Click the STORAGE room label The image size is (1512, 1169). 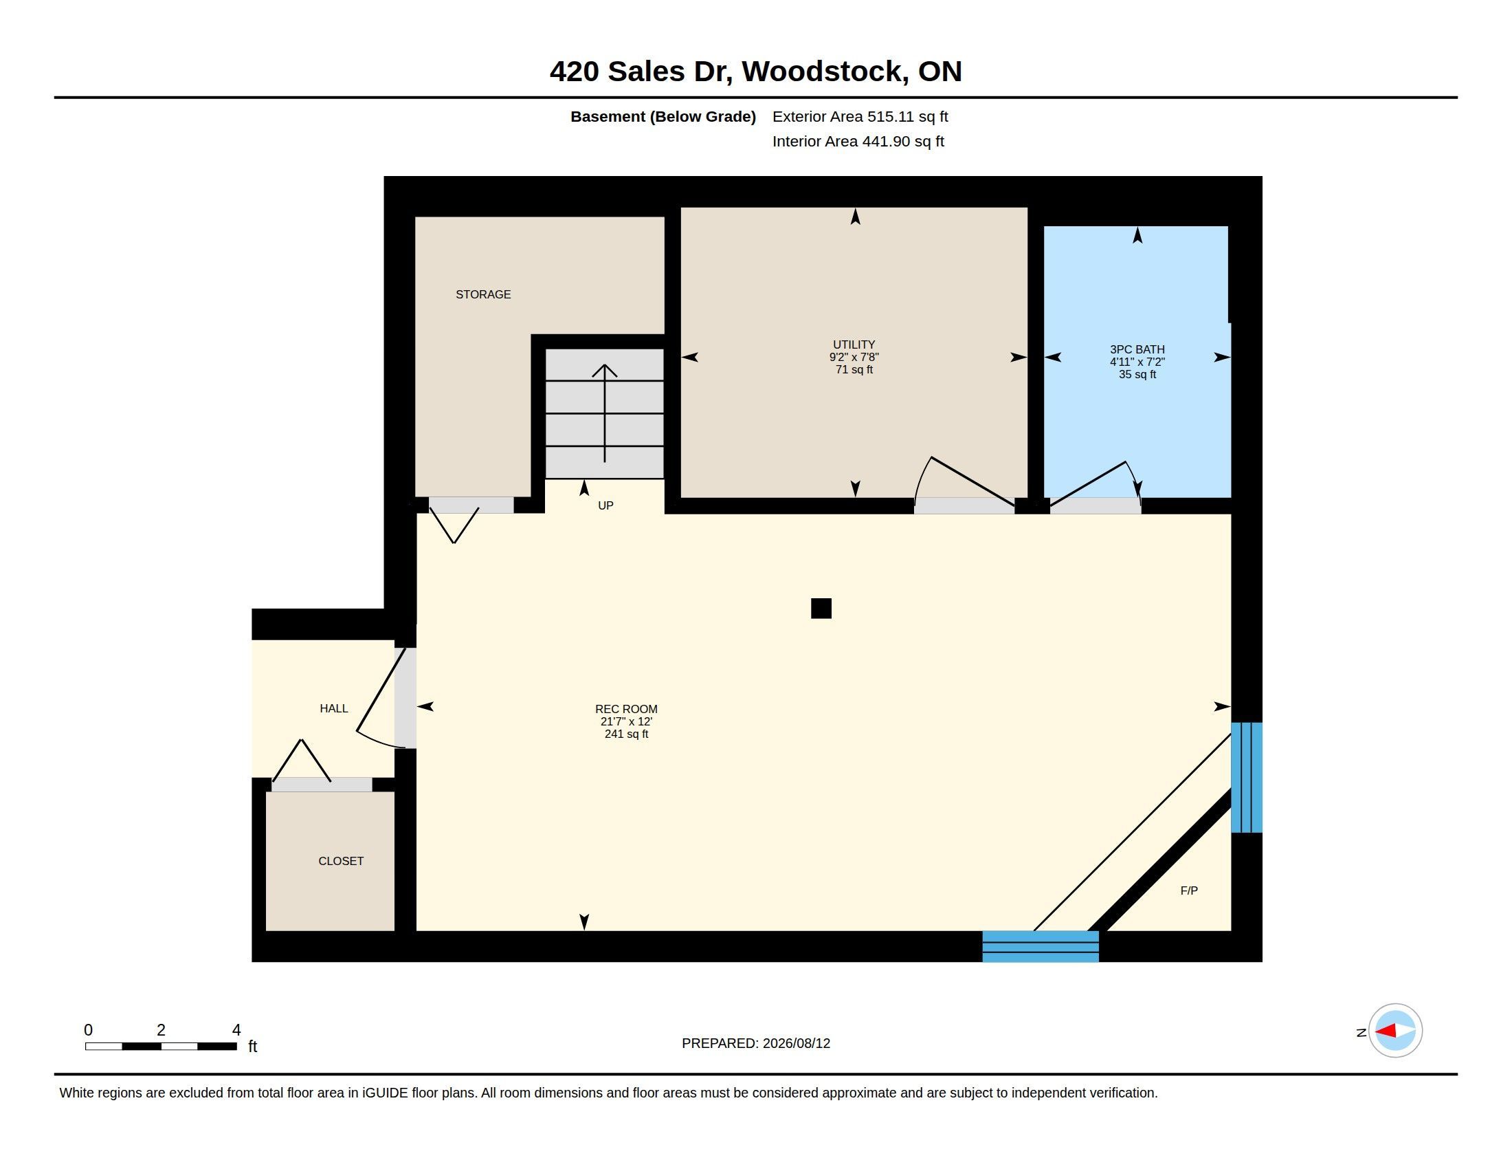tap(483, 294)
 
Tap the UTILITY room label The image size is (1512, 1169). tap(854, 345)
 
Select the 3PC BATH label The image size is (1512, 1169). tap(1137, 350)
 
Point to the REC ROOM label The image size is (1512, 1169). tap(626, 709)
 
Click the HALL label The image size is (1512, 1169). tap(334, 708)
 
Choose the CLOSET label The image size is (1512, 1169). tap(341, 861)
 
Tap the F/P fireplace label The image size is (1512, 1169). tap(1189, 891)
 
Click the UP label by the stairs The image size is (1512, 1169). tap(605, 505)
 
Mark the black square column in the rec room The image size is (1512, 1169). tap(821, 608)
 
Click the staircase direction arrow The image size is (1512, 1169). tap(604, 413)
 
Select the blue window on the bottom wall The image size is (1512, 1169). tap(1041, 946)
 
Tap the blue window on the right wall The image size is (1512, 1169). tap(1246, 777)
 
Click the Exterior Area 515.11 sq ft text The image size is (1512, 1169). tap(860, 116)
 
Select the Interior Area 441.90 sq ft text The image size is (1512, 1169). tap(858, 141)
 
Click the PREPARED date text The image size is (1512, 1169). tap(756, 1043)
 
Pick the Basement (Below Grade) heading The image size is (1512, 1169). tap(663, 116)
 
